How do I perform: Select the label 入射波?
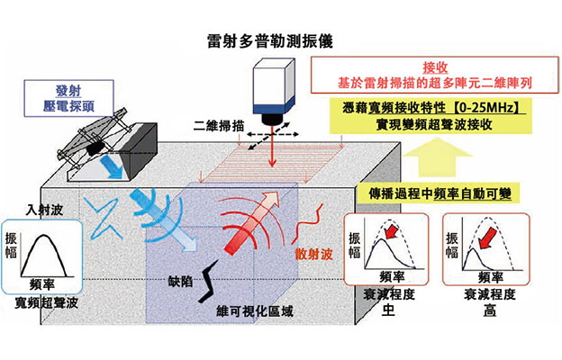(42, 210)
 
